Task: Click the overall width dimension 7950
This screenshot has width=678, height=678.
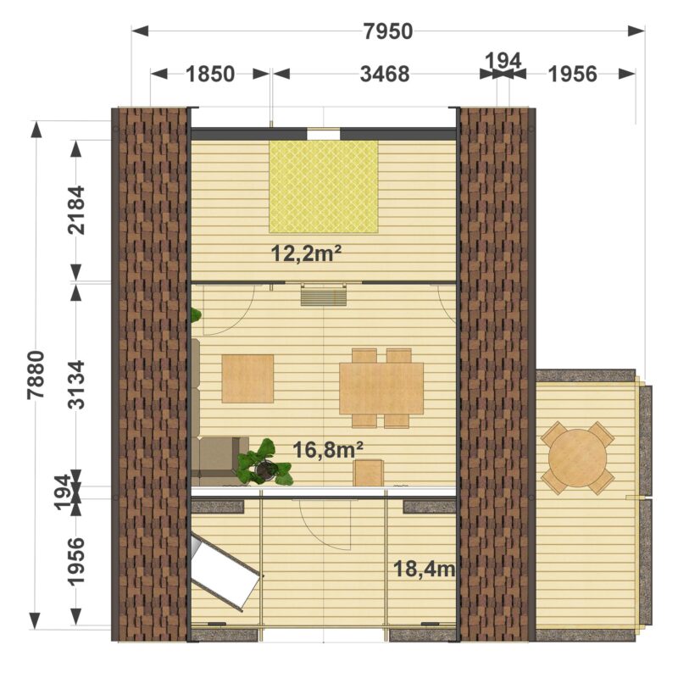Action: coord(388,31)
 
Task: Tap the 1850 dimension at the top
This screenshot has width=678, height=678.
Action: coord(210,74)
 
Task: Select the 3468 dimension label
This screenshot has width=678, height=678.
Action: coord(385,74)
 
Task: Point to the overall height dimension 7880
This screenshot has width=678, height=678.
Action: coord(36,375)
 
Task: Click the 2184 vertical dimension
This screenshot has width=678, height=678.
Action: coord(77,210)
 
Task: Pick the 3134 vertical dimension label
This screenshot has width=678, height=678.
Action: coord(77,385)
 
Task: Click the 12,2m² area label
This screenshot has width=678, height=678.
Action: coord(303,253)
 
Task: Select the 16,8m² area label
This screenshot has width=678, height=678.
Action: coord(328,450)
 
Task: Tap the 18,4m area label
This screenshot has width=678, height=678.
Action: coord(425,569)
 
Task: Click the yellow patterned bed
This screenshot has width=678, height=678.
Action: coord(324,186)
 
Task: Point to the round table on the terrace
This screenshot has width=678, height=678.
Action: coord(578,458)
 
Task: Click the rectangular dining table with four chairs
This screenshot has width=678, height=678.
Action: coord(381,388)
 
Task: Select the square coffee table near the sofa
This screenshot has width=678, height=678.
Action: coord(247,379)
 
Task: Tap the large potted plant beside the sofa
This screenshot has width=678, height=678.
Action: coord(264,463)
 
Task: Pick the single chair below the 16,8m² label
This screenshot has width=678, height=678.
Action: coord(369,473)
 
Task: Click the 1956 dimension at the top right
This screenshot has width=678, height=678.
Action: coord(573,74)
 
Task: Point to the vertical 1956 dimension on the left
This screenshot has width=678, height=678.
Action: coord(77,561)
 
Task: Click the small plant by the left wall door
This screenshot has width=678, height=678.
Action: coord(197,314)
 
